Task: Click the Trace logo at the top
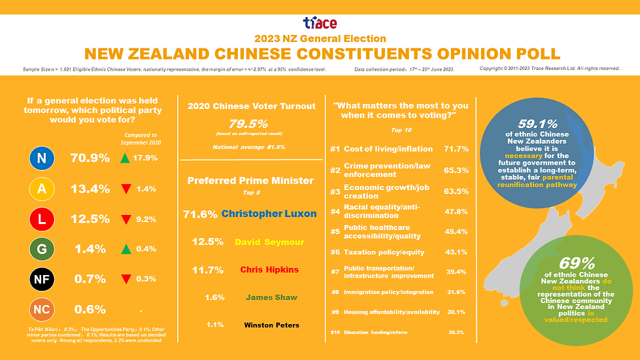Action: click(x=320, y=24)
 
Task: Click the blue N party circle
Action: click(x=41, y=158)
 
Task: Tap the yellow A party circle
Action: click(x=41, y=189)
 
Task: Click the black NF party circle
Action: click(x=41, y=280)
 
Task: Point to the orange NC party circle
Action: click(x=41, y=310)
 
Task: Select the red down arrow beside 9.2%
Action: click(x=126, y=220)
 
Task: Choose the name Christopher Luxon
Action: click(x=269, y=214)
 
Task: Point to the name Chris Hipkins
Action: click(x=269, y=269)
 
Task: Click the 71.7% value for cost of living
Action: click(x=456, y=149)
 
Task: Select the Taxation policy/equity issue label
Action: click(x=384, y=252)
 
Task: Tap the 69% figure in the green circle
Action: click(x=577, y=263)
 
